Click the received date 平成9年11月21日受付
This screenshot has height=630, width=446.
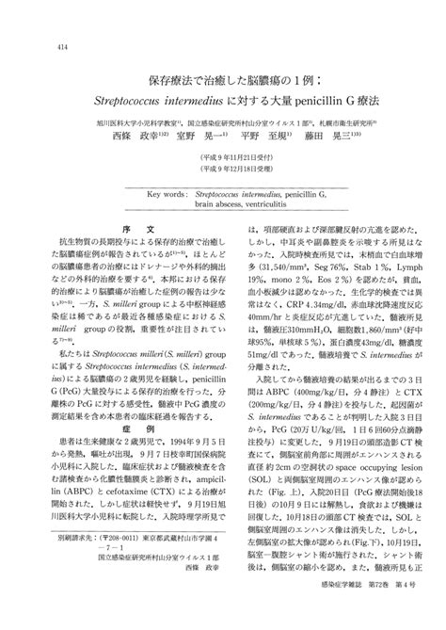(x=223, y=160)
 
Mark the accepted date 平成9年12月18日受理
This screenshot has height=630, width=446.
(x=223, y=171)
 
